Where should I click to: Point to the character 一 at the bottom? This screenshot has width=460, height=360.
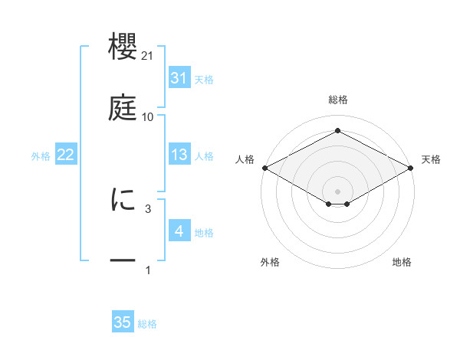[x=124, y=261]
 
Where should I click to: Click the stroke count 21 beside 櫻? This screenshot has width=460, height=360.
[x=148, y=56]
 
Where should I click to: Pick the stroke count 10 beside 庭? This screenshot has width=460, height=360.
[x=148, y=117]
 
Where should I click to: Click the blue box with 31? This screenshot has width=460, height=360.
[x=179, y=78]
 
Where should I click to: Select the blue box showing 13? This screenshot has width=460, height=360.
[x=179, y=155]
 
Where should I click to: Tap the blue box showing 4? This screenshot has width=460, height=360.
[x=179, y=231]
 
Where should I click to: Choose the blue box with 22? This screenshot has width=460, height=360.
[x=66, y=155]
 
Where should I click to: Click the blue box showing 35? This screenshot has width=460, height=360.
[x=123, y=322]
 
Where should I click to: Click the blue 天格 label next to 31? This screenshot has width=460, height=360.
[x=204, y=79]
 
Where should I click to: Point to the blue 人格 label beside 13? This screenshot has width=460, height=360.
[x=204, y=155]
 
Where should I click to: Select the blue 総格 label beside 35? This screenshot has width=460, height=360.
[x=147, y=323]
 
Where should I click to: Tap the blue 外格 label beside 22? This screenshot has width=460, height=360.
[x=41, y=155]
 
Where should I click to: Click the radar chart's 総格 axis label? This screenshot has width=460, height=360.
[x=338, y=100]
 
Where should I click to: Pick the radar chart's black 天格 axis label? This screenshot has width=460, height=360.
[x=432, y=159]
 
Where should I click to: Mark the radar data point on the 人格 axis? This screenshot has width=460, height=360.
[x=264, y=168]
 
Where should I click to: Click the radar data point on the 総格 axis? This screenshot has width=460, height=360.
[x=338, y=131]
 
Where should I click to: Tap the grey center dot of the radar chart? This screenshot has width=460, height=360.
[x=338, y=190]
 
